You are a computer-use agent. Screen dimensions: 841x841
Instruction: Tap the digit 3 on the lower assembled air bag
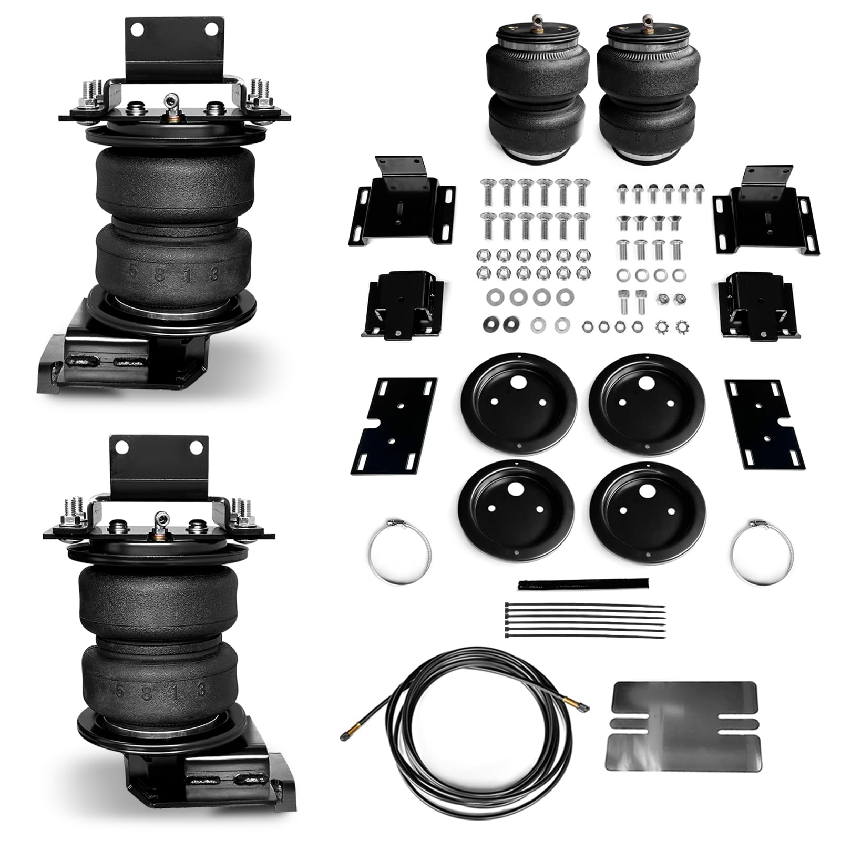[200, 689]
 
